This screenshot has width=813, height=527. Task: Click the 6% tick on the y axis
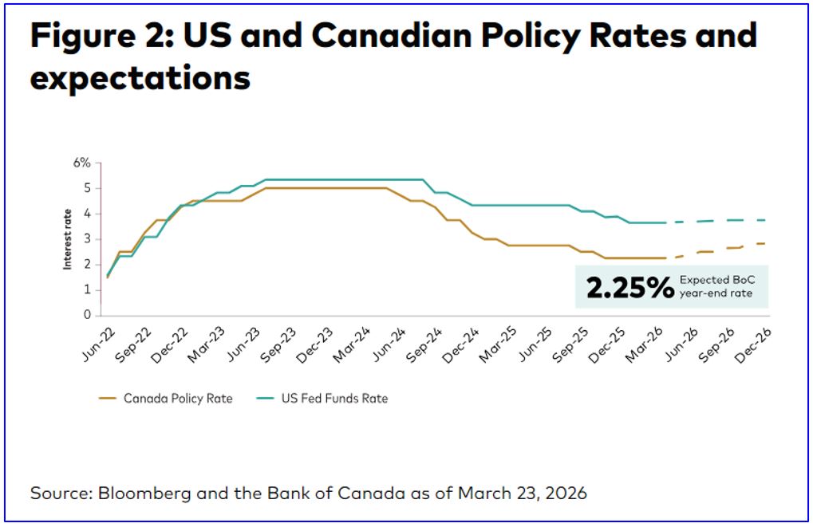point(82,163)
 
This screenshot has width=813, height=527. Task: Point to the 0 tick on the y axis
point(88,315)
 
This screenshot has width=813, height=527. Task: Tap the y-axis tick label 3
point(88,239)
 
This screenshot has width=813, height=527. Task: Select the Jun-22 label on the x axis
point(97,345)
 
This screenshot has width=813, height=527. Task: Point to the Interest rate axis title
point(68,238)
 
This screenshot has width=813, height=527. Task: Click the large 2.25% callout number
point(630,288)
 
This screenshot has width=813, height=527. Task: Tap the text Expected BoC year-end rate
point(716,287)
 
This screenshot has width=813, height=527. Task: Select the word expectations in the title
point(140,78)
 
